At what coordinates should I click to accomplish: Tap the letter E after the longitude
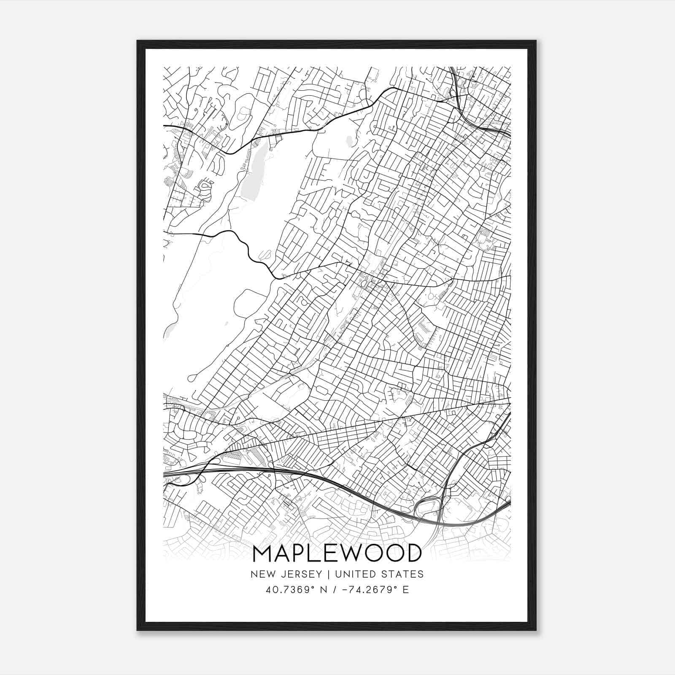pos(405,590)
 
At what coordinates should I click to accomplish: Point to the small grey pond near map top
pos(348,141)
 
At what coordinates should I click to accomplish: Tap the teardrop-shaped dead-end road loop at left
pos(190,376)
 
